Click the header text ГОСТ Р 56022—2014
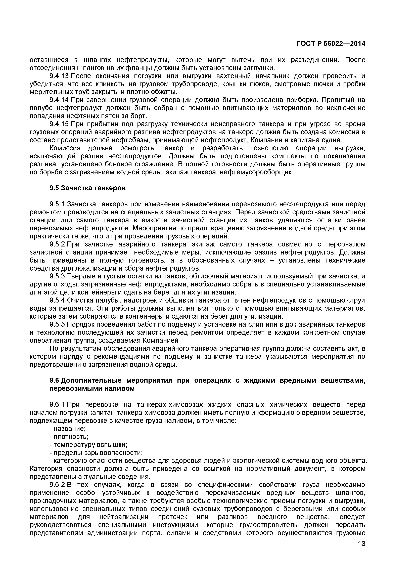(x=331, y=44)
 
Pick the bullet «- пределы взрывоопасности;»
(x=96, y=453)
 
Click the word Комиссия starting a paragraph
(x=65, y=148)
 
